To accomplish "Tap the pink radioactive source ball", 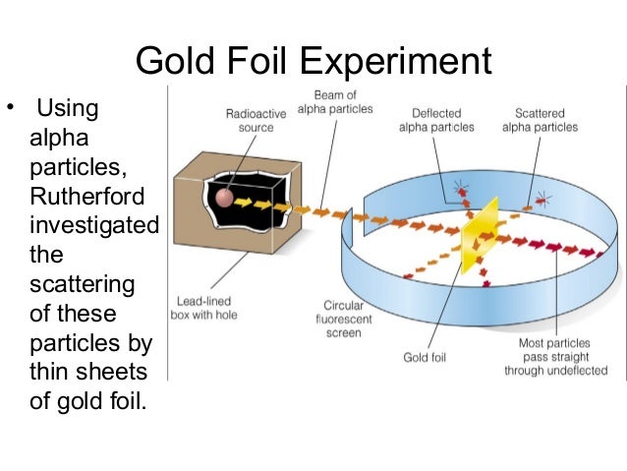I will (x=225, y=197).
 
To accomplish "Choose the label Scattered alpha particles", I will (x=540, y=120).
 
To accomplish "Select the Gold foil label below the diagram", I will (x=425, y=357).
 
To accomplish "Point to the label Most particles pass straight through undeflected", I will (x=555, y=357).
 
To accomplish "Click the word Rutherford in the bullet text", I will (x=87, y=196).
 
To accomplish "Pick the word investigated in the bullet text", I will (x=94, y=225).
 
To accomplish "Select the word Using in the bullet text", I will (x=67, y=106).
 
